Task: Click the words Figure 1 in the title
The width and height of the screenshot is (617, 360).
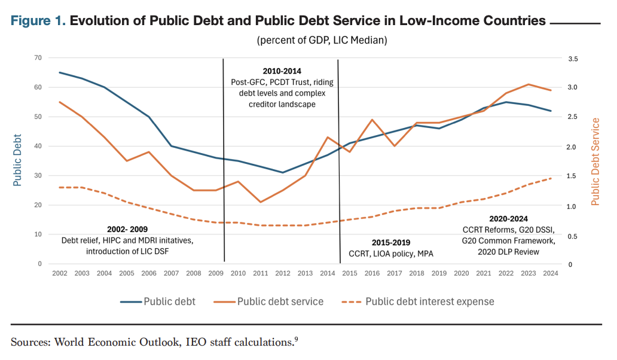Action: click(38, 22)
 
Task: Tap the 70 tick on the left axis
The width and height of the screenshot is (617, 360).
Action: click(38, 58)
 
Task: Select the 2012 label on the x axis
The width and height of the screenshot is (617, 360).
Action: click(283, 273)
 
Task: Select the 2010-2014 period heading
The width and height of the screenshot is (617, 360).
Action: click(282, 71)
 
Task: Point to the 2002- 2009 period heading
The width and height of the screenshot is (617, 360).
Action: click(127, 229)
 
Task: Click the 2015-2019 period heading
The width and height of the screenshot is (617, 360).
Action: click(391, 243)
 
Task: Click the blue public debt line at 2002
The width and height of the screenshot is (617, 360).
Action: click(59, 72)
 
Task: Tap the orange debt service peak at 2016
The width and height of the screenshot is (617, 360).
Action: click(372, 120)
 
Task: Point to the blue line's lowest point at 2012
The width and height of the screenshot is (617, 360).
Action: click(283, 172)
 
